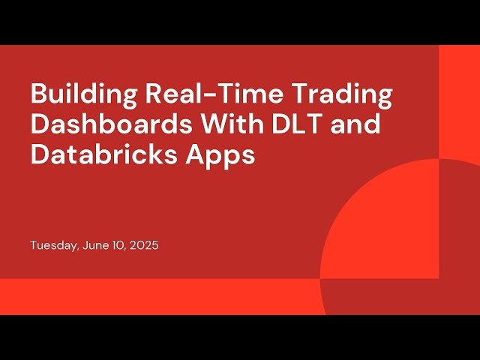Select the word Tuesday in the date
point(52,245)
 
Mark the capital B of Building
point(38,95)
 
